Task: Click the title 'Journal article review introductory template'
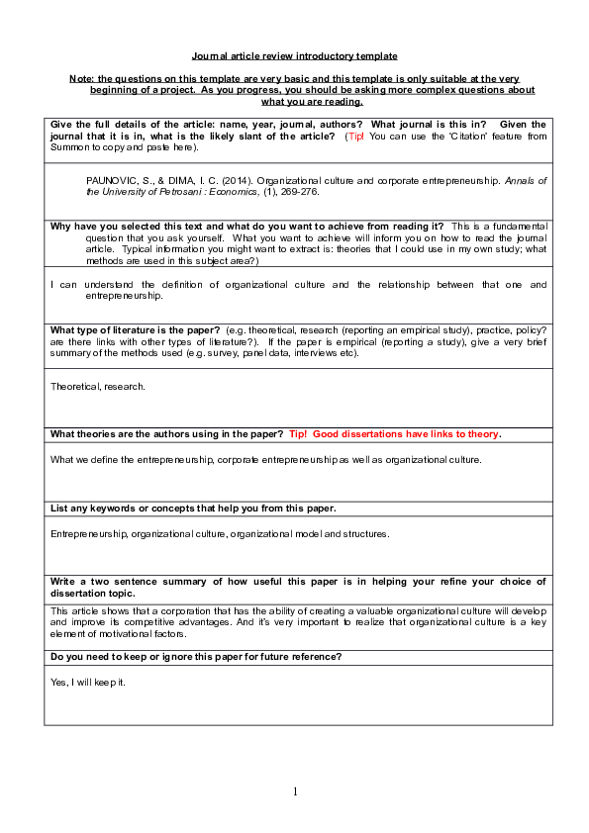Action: tap(294, 56)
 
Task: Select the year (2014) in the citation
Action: tap(224, 182)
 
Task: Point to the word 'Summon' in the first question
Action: tap(69, 147)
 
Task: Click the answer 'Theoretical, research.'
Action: tap(98, 386)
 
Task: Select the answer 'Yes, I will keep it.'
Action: tap(87, 683)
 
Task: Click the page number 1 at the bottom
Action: tap(295, 791)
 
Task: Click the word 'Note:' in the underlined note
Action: tap(81, 78)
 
